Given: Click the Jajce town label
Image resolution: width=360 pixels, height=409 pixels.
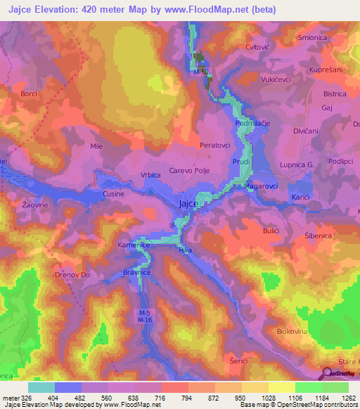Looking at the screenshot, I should [x=188, y=204].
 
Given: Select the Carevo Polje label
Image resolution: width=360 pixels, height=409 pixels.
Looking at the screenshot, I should [x=186, y=171].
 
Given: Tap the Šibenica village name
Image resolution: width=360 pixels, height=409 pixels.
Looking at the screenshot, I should [x=318, y=236].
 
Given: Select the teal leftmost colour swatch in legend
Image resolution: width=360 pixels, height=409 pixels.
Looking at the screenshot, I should [x=41, y=387].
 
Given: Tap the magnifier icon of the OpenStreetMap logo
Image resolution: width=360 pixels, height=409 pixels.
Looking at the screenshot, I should [x=328, y=373].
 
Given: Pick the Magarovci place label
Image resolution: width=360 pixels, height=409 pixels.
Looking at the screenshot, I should [x=262, y=187].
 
